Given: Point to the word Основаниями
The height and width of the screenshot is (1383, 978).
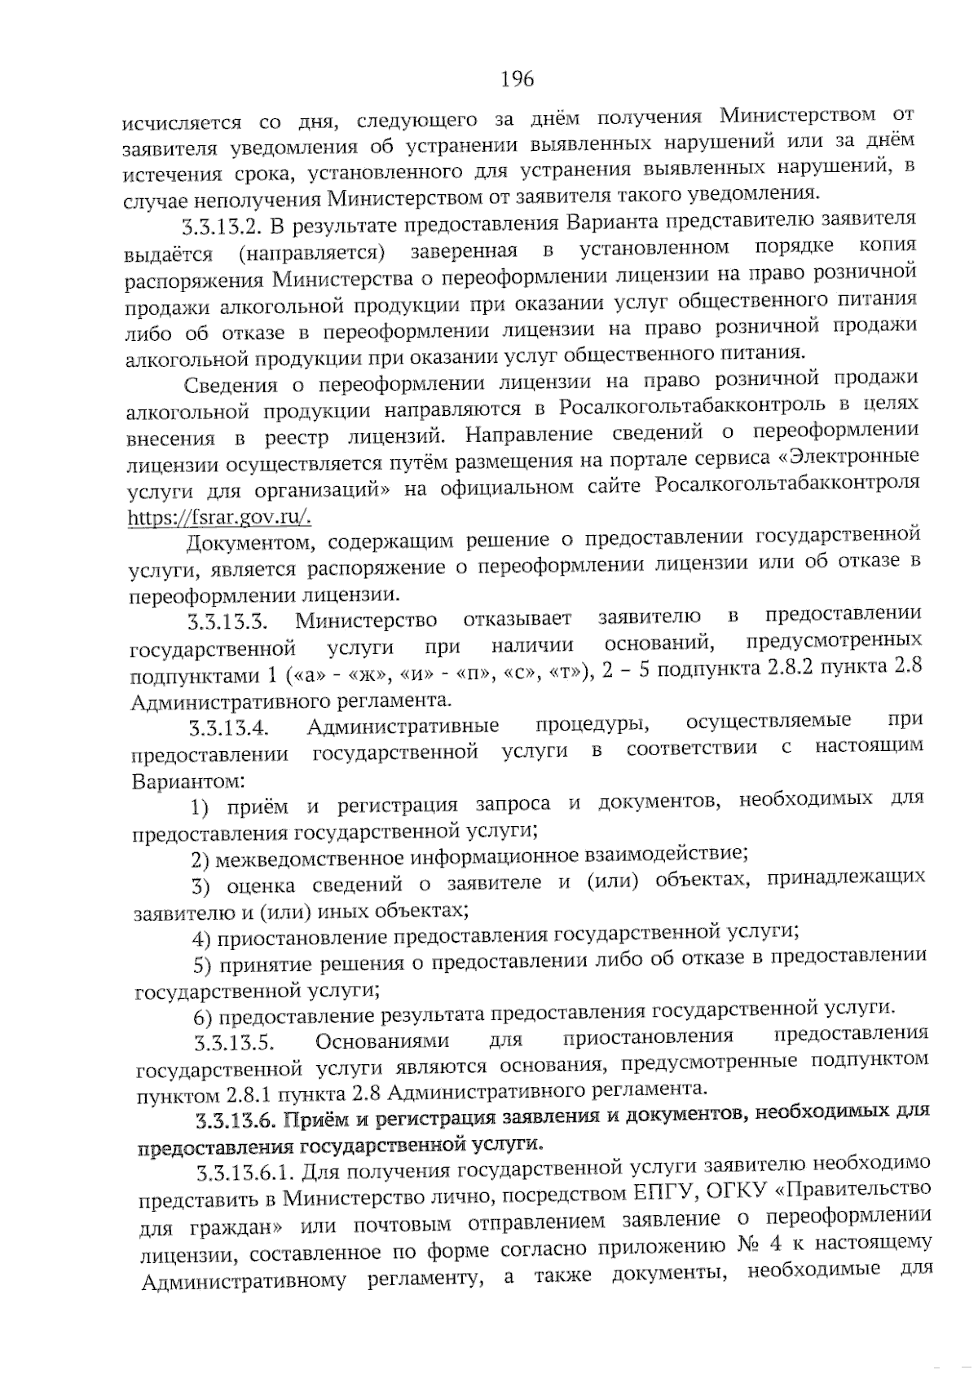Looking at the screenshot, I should [381, 1041].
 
